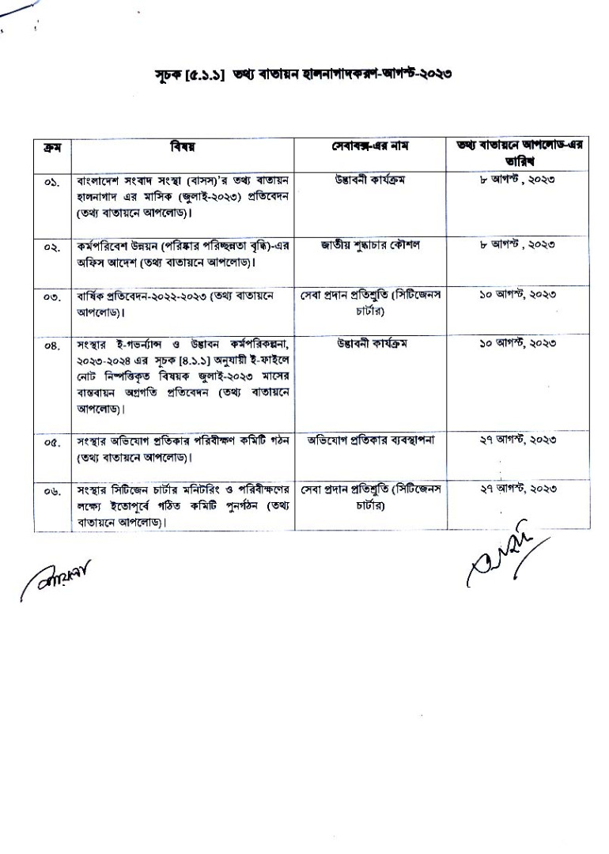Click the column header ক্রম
coord(52,148)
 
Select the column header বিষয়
coord(183,148)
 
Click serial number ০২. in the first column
coord(52,247)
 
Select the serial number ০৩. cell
coord(52,297)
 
